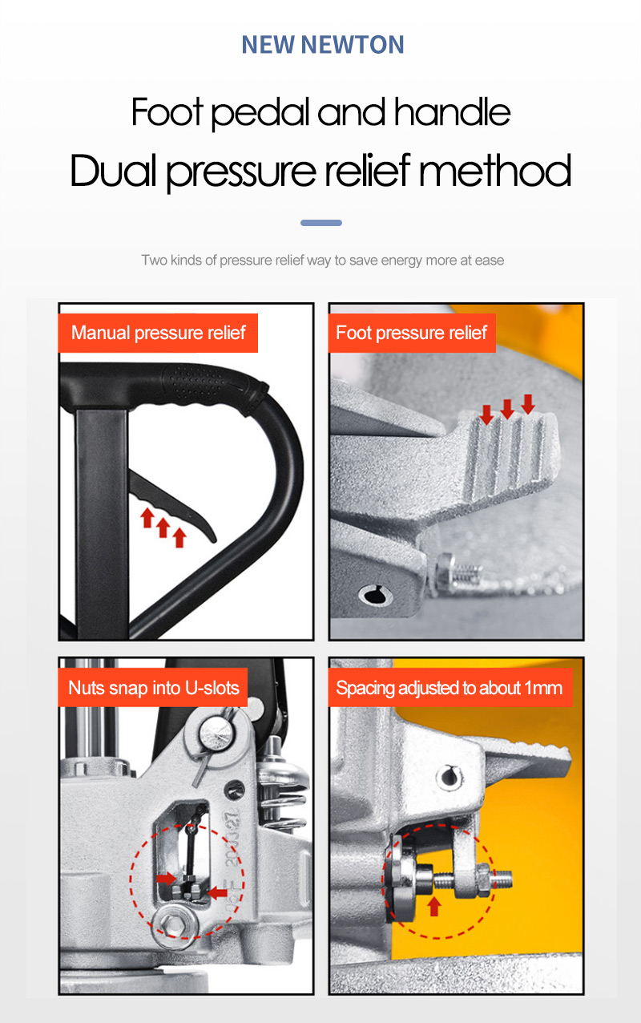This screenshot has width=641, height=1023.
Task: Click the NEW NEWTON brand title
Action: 322,45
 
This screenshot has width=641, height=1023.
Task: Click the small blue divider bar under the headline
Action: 321,223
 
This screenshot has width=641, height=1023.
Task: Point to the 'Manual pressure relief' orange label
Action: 158,333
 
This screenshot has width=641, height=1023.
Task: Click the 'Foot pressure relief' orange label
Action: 412,333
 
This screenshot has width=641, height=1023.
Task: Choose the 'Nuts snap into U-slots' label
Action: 153,688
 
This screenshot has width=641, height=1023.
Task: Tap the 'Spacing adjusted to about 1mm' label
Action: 450,688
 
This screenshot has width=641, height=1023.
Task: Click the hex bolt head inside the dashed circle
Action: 175,925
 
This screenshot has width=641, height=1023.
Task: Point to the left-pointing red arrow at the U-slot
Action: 218,892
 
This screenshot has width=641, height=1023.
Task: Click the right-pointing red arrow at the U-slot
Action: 166,878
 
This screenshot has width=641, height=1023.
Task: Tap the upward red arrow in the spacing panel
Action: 434,906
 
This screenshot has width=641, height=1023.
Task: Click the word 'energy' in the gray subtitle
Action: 401,261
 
